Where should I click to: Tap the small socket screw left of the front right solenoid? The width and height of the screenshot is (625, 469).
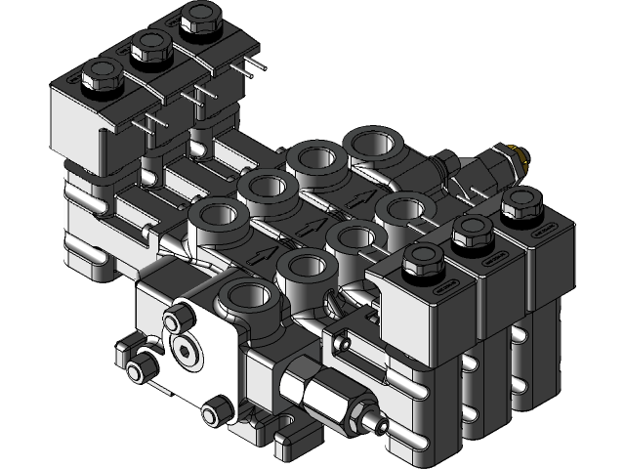pyautogui.click(x=341, y=345)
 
